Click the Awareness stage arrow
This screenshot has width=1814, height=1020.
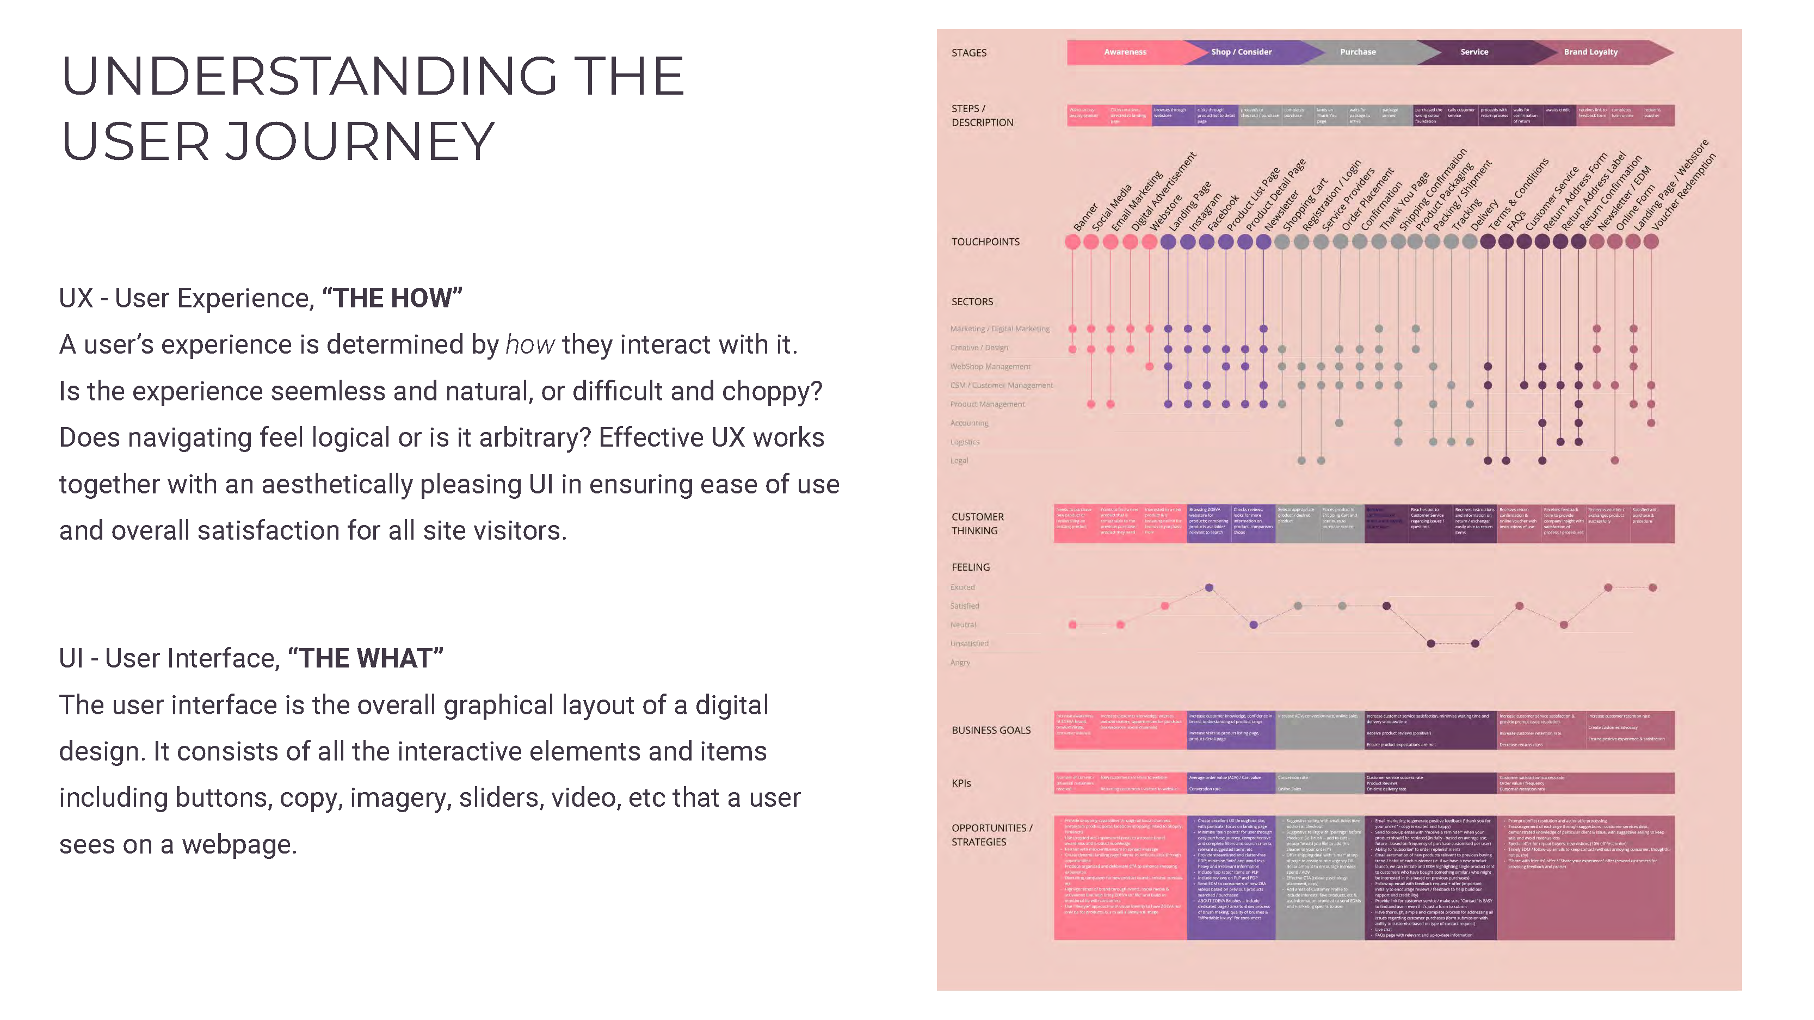pyautogui.click(x=1125, y=52)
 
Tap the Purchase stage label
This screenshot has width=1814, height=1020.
pyautogui.click(x=1357, y=52)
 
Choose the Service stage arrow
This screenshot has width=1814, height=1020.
pyautogui.click(x=1473, y=52)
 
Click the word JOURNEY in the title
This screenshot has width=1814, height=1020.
pyautogui.click(x=359, y=141)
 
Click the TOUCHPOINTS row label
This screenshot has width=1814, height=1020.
pyautogui.click(x=985, y=242)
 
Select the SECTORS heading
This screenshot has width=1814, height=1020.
pyautogui.click(x=972, y=302)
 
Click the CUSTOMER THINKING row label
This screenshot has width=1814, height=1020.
pyautogui.click(x=977, y=524)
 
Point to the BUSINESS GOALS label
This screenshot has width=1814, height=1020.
pyautogui.click(x=991, y=731)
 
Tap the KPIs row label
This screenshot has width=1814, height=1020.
pyautogui.click(x=961, y=783)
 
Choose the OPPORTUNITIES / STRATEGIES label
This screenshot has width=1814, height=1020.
pyautogui.click(x=991, y=835)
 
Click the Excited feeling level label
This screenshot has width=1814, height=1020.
pyautogui.click(x=962, y=588)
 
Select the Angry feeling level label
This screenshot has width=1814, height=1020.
pyautogui.click(x=960, y=663)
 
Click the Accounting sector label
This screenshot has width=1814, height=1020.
pyautogui.click(x=969, y=424)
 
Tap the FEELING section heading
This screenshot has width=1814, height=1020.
pyautogui.click(x=970, y=567)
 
